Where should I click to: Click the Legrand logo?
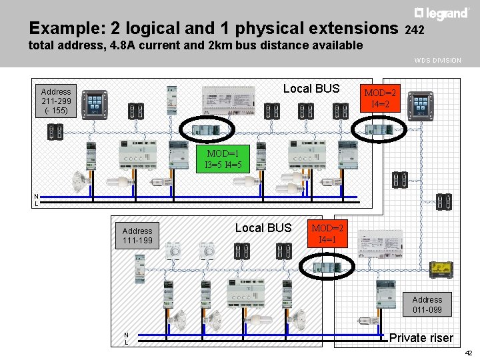point(441,14)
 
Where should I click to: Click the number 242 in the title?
point(415,31)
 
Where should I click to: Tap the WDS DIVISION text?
point(437,61)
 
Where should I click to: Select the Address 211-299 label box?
point(56,101)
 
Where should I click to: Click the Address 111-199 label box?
point(137,236)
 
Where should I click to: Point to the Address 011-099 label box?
point(427,305)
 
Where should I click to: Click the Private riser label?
point(421,338)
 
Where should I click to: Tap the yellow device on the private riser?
point(440,269)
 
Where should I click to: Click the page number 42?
point(469,353)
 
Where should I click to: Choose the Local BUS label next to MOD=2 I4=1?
point(263,228)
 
